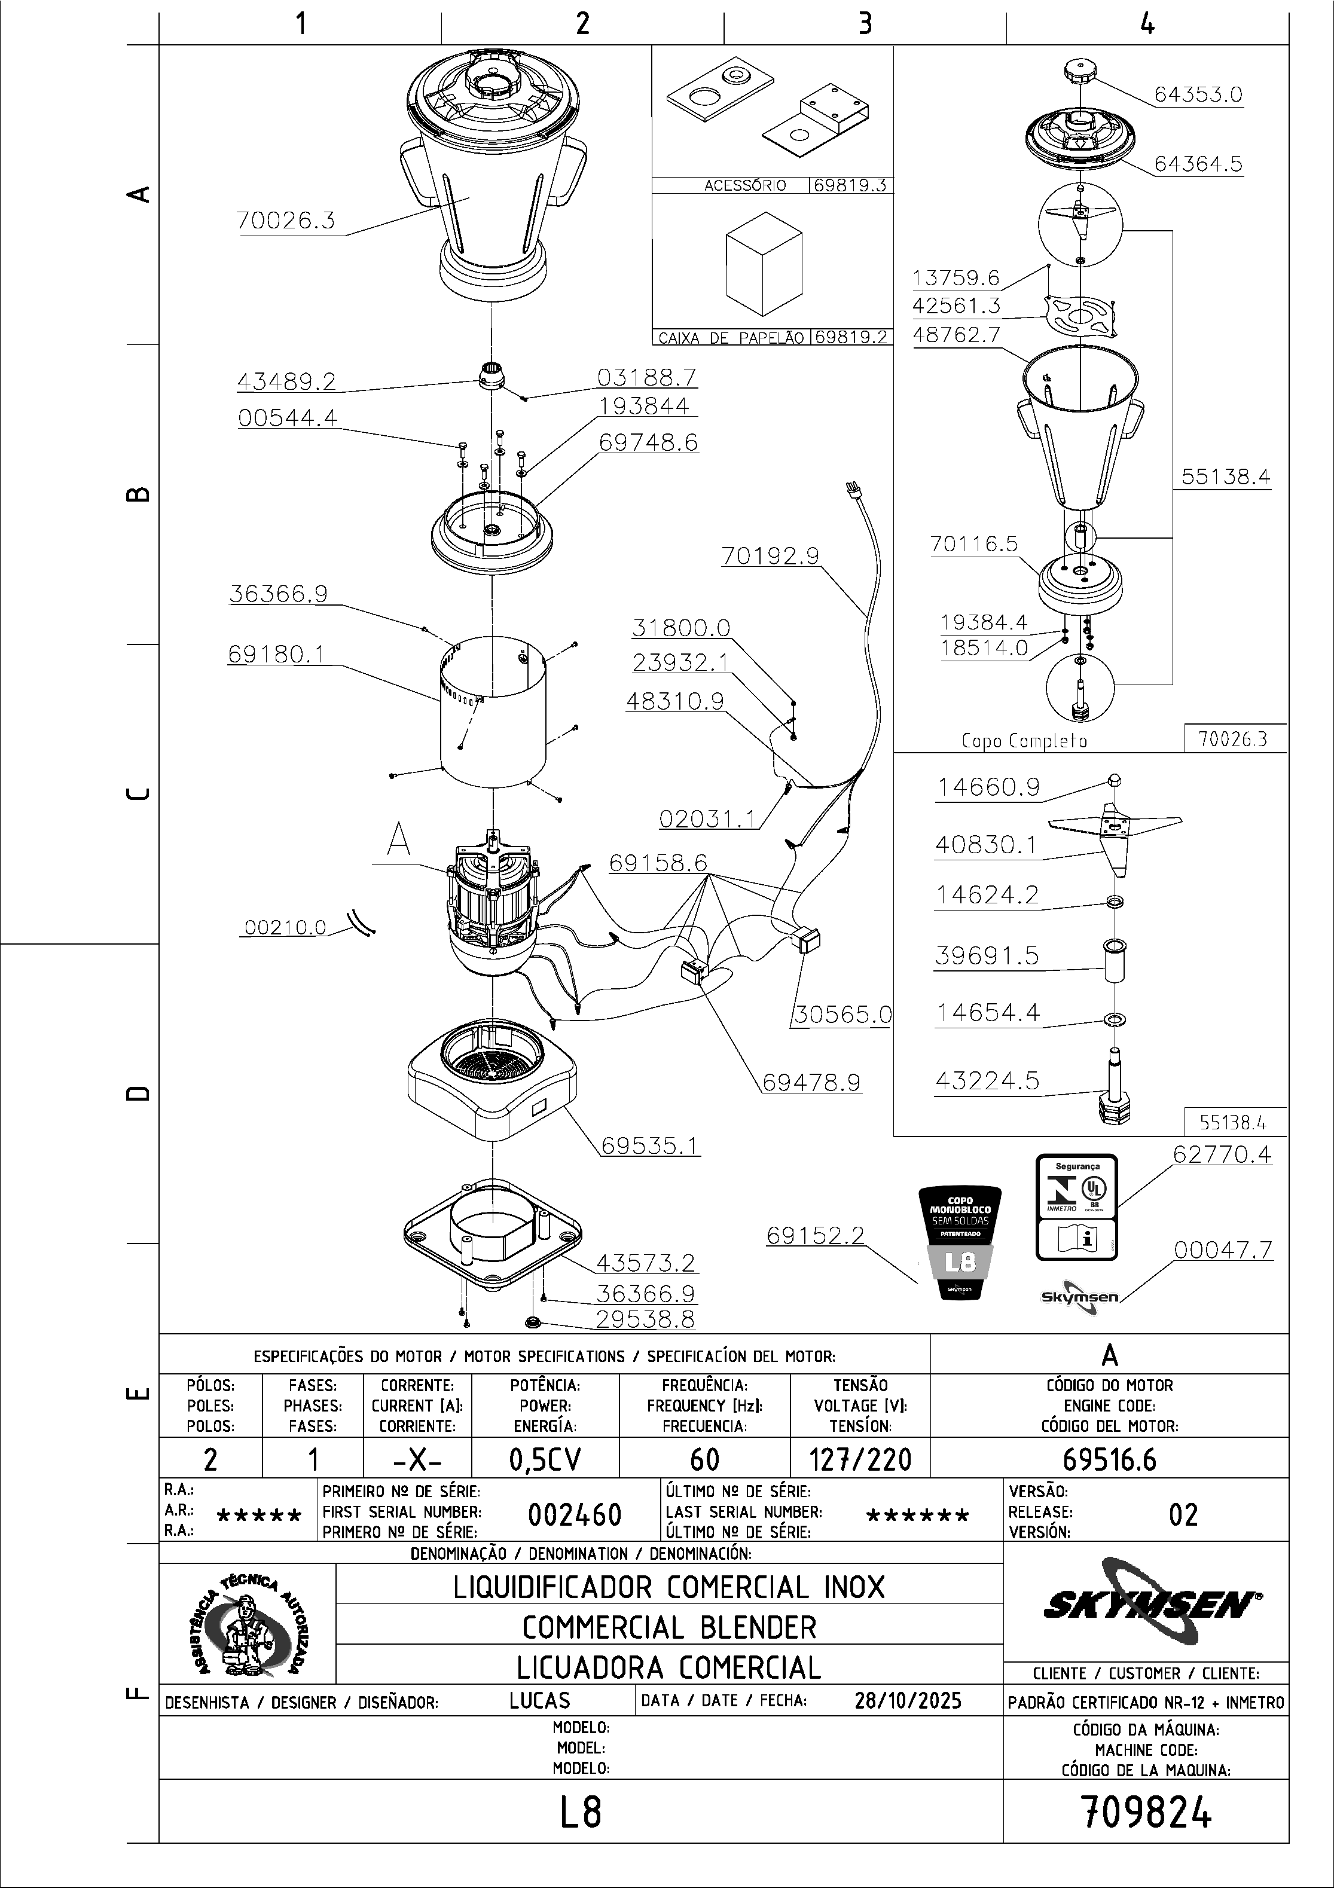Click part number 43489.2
tap(286, 381)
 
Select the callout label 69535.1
tap(650, 1145)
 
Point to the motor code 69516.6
tap(1109, 1459)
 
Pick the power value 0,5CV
tap(545, 1459)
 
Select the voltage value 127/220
tap(860, 1459)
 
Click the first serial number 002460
tap(574, 1514)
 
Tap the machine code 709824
tap(1146, 1811)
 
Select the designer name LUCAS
tap(539, 1700)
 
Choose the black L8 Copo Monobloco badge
tap(960, 1242)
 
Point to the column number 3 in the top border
tap(865, 23)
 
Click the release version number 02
tap(1183, 1514)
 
